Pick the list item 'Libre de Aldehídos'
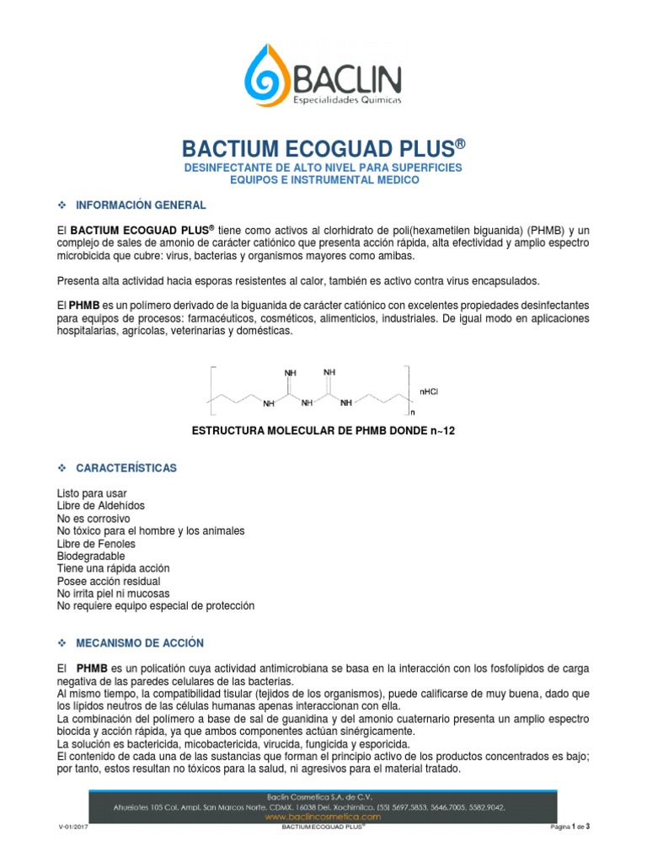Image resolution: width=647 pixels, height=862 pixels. click(100, 506)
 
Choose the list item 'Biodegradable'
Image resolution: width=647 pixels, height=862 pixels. click(91, 556)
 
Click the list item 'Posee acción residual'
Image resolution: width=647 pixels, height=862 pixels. click(108, 582)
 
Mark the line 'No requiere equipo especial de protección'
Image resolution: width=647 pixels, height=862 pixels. click(155, 606)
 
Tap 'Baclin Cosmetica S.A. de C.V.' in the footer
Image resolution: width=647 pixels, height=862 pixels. click(323, 795)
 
